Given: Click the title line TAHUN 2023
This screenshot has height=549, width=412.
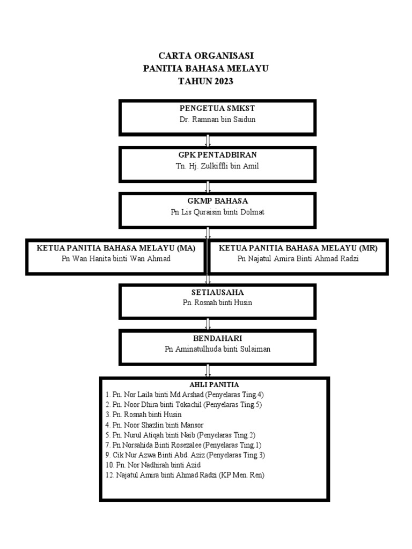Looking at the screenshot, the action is point(205,81).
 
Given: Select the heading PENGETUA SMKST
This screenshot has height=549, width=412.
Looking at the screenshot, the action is point(217,108).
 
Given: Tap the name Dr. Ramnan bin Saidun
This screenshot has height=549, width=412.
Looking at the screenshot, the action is point(217,120).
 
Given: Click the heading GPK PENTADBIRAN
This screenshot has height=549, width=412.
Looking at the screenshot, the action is point(217,155).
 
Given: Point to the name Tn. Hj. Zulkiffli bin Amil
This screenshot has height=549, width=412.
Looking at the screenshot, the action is point(217,166).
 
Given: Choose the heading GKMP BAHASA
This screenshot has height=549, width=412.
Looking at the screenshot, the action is point(217,201).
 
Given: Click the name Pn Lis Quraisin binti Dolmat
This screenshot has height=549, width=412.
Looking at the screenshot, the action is point(217,212).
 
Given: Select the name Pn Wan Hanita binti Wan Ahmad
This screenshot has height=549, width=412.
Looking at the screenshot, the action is point(116,259).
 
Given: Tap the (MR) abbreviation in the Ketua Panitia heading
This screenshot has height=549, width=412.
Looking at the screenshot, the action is point(368,248).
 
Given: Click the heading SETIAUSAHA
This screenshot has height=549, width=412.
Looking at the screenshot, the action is point(217,292).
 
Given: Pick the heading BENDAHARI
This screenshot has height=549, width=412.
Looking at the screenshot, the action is point(217,339).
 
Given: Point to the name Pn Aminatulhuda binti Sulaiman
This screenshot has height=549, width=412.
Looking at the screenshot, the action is point(217,349).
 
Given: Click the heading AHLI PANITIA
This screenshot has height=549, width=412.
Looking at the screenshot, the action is point(214,385).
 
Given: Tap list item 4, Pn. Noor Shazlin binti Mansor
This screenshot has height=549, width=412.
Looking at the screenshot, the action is point(154,425).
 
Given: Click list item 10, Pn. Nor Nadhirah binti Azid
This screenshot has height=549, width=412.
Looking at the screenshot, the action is point(153,465).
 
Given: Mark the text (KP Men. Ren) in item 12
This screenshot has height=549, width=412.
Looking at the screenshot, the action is point(241,476).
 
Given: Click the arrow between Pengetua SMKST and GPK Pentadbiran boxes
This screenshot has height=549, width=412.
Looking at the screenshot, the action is point(208,141).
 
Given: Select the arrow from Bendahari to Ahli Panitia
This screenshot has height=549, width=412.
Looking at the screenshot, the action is point(208,371).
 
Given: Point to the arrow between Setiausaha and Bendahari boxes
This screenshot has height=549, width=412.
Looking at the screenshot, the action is point(208,324).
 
